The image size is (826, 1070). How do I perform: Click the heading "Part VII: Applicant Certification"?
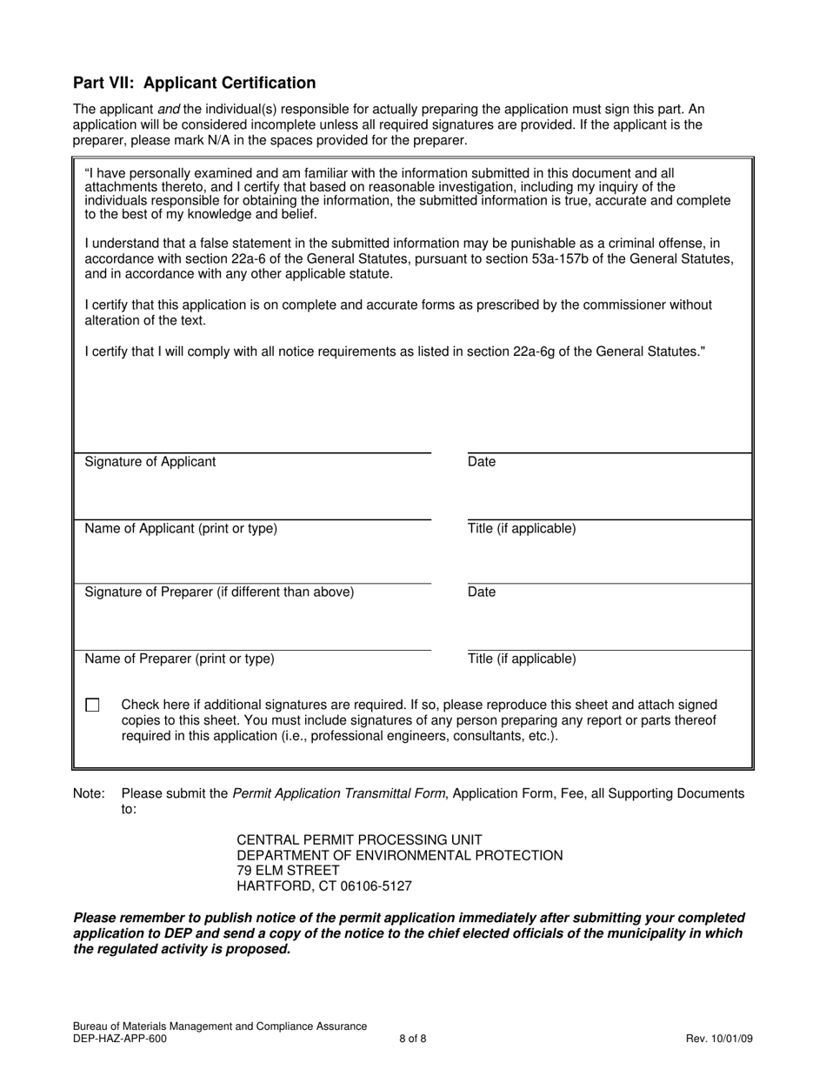(194, 84)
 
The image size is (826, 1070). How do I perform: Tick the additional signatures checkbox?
(93, 706)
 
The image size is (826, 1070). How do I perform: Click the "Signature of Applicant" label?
(150, 462)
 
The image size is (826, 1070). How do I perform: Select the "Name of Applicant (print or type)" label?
(181, 529)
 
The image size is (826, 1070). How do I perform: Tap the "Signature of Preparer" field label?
(219, 592)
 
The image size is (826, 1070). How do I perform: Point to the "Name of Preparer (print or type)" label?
(179, 659)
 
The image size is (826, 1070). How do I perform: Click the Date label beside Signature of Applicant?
(481, 462)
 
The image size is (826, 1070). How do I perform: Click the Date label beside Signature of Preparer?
(481, 592)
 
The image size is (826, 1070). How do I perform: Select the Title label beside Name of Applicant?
(521, 529)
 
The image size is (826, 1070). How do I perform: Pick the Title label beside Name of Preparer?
(521, 659)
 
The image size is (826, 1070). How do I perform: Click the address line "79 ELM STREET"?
(288, 871)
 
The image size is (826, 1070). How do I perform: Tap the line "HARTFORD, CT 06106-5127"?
(324, 886)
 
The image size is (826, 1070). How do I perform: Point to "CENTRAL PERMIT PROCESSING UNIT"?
(359, 840)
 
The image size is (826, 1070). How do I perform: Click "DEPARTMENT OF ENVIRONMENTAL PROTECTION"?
(399, 856)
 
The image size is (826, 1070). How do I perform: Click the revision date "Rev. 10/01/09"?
(718, 1039)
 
